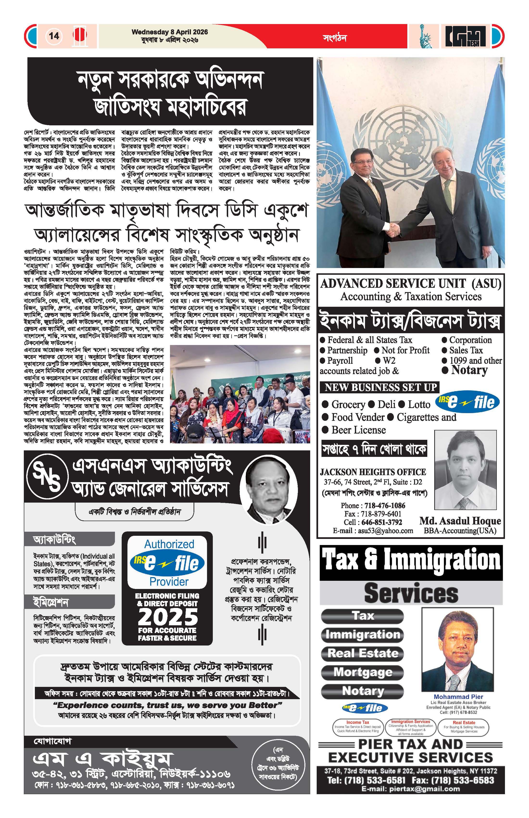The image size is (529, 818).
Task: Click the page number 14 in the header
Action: click(x=54, y=36)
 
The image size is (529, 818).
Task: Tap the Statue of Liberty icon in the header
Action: click(x=426, y=36)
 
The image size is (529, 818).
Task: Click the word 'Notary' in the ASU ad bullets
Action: click(x=469, y=370)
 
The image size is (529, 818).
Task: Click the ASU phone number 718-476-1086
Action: click(x=385, y=505)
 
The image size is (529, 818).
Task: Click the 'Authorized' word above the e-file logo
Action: click(x=169, y=544)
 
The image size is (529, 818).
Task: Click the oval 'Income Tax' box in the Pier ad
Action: click(x=358, y=727)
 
